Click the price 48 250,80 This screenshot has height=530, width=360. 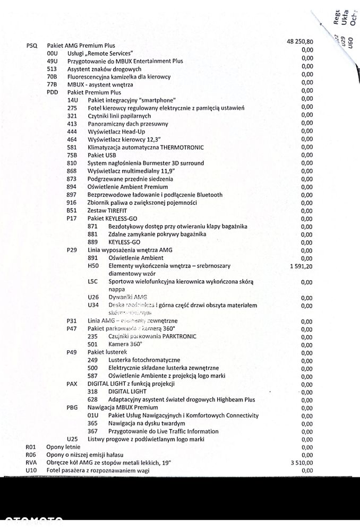tap(299, 42)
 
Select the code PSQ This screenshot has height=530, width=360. tap(32, 46)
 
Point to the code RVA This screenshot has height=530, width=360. tap(32, 463)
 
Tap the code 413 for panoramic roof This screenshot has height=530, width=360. tap(73, 124)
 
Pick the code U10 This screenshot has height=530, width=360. tap(31, 471)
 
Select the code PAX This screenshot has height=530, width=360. tap(73, 384)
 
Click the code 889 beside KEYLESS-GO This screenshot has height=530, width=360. tap(93, 242)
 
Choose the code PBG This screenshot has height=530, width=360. tap(73, 407)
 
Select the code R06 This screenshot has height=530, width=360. tap(31, 455)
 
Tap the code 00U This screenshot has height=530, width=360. tap(52, 54)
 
